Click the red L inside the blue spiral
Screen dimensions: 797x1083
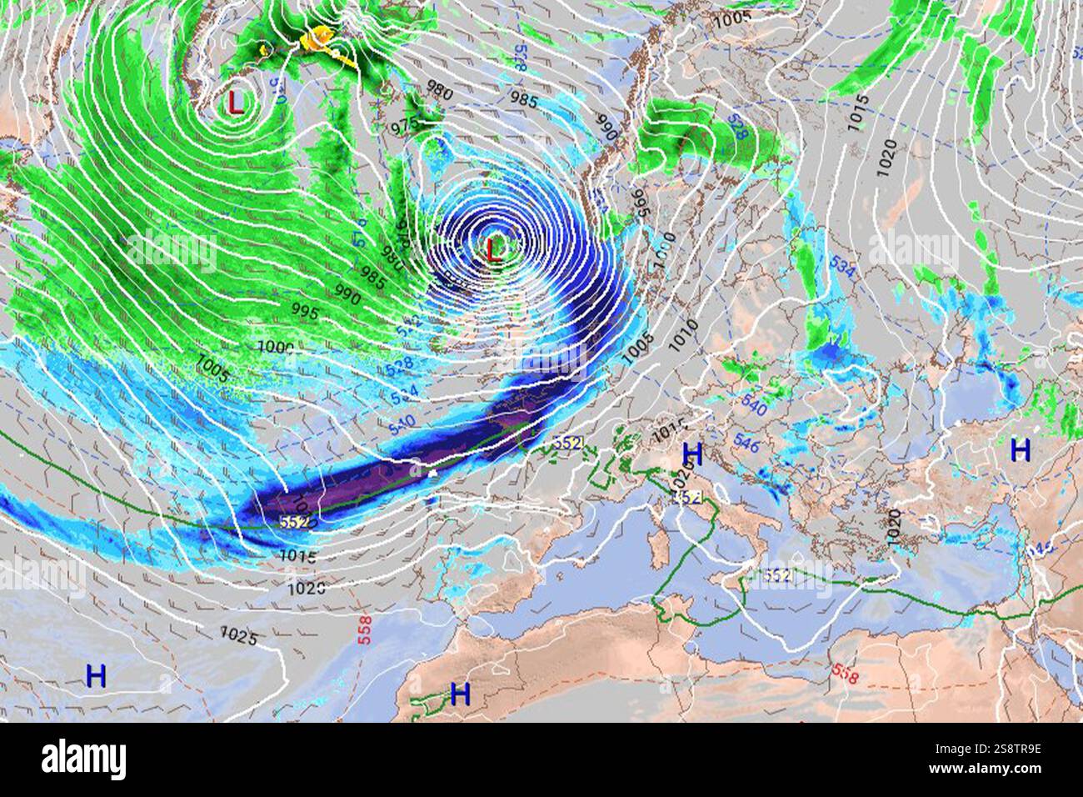tap(495, 249)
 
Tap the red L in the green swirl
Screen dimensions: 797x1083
tap(236, 103)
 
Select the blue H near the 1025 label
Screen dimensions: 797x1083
tap(97, 675)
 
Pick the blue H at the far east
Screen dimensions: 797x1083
tap(1020, 450)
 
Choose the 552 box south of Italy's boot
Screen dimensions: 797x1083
tap(776, 575)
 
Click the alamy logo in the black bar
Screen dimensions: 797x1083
tap(83, 759)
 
